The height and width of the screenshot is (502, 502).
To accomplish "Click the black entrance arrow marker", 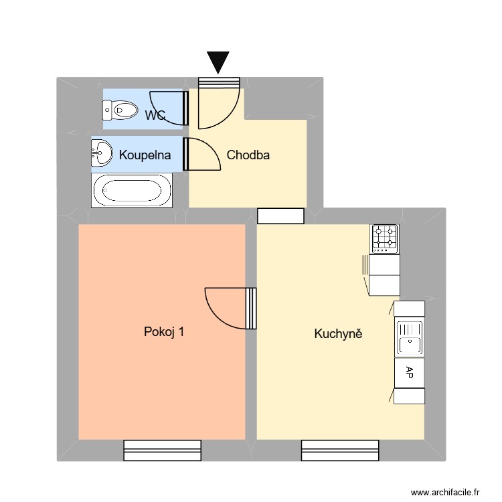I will point(218,62).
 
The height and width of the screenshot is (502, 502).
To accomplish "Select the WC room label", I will point(155,115).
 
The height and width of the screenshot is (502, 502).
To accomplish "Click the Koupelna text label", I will point(145,155).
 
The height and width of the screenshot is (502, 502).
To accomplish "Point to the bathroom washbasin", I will point(102,153).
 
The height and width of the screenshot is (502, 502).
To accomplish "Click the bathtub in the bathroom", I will point(132,190).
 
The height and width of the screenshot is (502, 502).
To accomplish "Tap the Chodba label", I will point(248,155).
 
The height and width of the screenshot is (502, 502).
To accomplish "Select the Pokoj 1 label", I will point(165,332).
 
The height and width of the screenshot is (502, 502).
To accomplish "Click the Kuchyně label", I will point(338,333).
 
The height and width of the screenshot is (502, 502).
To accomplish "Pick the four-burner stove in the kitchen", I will point(385,238).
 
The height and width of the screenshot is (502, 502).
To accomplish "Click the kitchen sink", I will point(409,337).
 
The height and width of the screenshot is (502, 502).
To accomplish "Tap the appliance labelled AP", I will point(410,373).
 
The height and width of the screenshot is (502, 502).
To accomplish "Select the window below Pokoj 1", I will point(163,450).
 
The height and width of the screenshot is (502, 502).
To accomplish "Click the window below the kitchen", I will point(340,450).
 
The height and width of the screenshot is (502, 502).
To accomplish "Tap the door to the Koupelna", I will point(203,155).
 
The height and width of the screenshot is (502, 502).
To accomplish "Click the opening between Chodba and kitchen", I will point(281,216).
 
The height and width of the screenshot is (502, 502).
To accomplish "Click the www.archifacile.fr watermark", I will point(445,491).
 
